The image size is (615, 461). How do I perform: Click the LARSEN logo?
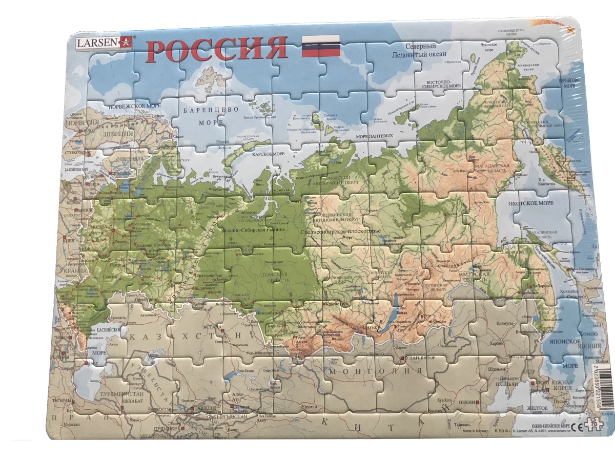coord(105,43)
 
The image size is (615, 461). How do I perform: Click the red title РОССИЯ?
coord(216,50)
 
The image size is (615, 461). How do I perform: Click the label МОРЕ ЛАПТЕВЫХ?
coord(374,136)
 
